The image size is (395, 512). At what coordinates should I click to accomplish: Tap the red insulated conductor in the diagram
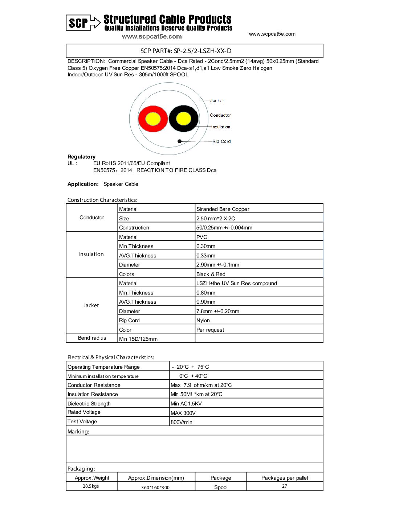pos(153,119)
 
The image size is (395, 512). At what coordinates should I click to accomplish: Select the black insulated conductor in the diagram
pos(184,119)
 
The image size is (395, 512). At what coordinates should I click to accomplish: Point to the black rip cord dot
pos(179,141)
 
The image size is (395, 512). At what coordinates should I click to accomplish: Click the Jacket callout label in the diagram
pos(217,101)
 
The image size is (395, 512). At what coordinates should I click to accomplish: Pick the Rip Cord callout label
pos(221,141)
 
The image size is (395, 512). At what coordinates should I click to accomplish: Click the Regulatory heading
pos(81,157)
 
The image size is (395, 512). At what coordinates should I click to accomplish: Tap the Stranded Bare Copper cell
pos(223,209)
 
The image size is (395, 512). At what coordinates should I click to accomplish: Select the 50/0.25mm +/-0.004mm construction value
pos(224,228)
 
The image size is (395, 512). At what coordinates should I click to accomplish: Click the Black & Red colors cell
pos(211,274)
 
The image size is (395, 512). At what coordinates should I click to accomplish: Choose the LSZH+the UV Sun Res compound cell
pos(236,283)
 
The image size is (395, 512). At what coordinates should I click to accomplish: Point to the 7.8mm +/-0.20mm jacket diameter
pos(217,311)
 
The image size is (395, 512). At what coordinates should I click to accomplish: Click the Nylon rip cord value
pos(203,320)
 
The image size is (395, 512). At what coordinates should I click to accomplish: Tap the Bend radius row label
pos(92,338)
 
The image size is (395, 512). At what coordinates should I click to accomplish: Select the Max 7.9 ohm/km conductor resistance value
pos(201,385)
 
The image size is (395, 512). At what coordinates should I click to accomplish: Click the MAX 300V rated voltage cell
pos(183,413)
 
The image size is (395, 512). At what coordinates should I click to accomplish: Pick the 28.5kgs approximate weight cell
pos(91,486)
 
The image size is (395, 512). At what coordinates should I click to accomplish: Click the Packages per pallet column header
pos(285,478)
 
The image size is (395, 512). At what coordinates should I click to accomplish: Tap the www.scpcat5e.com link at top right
pos(272,34)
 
